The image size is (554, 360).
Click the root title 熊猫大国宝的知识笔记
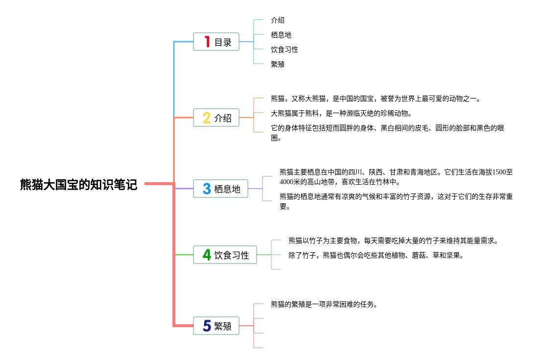78,184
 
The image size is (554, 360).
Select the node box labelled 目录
217,42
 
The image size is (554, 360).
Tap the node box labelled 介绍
217,118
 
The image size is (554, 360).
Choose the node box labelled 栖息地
221,189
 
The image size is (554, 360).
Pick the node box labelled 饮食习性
225,255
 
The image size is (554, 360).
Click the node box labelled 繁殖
217,326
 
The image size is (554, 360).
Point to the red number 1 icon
207,42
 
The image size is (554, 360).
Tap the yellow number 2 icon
207,118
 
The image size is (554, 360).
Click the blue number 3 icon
207,189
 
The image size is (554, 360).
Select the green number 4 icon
207,255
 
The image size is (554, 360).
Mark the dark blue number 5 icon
207,326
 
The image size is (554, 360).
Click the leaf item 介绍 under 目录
278,20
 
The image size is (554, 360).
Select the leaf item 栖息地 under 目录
281,35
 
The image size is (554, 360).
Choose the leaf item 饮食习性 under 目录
285,49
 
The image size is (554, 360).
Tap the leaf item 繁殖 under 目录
278,64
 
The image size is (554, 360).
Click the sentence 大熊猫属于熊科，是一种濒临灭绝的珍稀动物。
341,113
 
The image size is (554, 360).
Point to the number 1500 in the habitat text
499,172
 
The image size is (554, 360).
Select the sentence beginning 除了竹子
376,255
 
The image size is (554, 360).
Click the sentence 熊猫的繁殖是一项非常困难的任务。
324,304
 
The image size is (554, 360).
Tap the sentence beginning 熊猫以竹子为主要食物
393,240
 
